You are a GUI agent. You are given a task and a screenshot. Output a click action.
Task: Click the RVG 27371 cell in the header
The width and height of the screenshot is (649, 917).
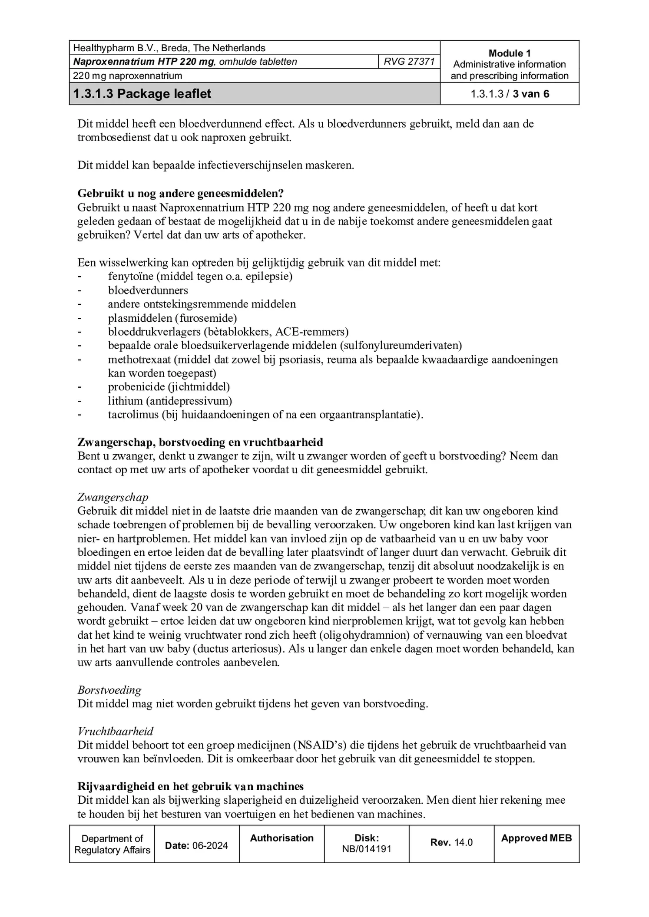coord(409,62)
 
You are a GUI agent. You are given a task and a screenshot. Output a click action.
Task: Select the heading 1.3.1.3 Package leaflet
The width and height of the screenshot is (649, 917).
coord(142,94)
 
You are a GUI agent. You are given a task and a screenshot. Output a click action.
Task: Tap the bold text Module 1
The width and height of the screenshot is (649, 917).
coord(509,53)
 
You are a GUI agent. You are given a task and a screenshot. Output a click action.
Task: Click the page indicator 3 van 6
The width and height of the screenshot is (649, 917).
coord(530,94)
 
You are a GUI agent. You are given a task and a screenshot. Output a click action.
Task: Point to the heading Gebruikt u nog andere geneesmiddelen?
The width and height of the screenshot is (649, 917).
coord(180,193)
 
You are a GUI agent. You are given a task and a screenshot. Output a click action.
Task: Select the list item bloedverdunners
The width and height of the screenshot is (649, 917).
coord(148,290)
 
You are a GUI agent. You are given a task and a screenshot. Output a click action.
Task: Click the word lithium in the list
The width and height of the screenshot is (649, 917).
coord(125,400)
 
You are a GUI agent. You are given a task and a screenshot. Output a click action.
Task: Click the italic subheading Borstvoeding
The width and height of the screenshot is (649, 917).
coord(109,690)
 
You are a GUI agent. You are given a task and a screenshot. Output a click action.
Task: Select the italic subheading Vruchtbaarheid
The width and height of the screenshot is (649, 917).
coord(116,731)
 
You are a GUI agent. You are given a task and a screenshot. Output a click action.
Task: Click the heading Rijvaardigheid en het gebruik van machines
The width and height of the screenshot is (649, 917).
coord(190,786)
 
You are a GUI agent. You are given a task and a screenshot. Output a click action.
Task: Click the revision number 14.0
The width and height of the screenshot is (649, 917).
coord(463,842)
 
